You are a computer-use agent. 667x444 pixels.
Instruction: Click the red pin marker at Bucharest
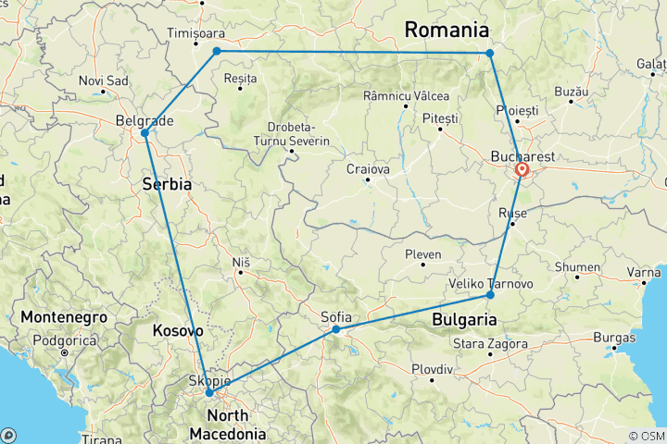(x=522, y=170)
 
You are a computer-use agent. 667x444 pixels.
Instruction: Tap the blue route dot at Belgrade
(x=145, y=133)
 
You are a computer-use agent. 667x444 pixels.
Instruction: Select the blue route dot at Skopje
(x=209, y=393)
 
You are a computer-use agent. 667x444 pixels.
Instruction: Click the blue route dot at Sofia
(x=336, y=329)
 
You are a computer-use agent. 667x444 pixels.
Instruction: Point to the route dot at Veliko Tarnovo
(x=490, y=295)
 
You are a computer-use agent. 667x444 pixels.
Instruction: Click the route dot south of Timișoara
(x=217, y=52)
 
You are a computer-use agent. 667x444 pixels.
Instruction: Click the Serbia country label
(x=167, y=184)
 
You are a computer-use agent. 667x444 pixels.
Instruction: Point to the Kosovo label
(x=177, y=329)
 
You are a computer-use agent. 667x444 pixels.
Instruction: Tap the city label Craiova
(x=368, y=170)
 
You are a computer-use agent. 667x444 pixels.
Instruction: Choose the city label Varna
(x=644, y=272)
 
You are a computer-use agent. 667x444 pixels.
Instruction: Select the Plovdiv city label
(x=432, y=369)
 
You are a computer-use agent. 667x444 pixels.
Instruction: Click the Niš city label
(x=241, y=263)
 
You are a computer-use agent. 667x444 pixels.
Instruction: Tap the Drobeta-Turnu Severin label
(x=292, y=134)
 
